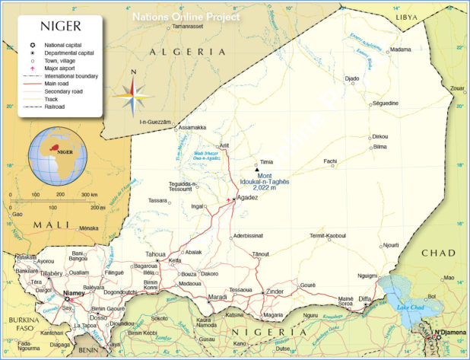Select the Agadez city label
point(248,197)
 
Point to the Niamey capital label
point(75,292)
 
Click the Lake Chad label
point(411,307)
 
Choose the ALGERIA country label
point(187,51)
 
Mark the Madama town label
point(400,50)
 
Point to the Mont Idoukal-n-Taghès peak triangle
point(256,169)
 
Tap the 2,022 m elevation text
point(275,187)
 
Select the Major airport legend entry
point(61,68)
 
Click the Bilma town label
point(380,146)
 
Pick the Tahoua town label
point(155,253)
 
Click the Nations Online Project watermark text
point(186,15)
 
